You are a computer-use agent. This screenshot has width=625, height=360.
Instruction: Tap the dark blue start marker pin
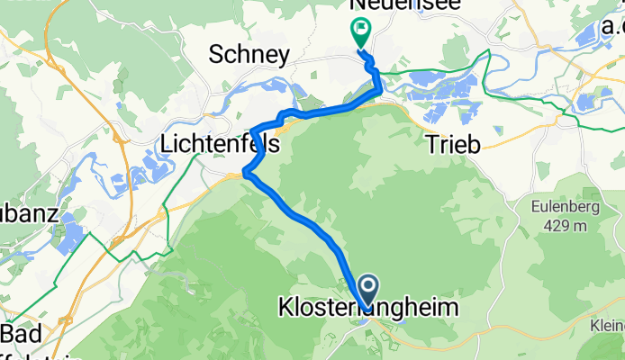point(369,289)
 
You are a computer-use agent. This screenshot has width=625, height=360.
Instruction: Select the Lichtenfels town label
point(219,143)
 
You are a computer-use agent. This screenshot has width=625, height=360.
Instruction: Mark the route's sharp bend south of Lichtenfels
point(245,172)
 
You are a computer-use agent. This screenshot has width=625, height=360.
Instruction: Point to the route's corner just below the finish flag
point(378,88)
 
